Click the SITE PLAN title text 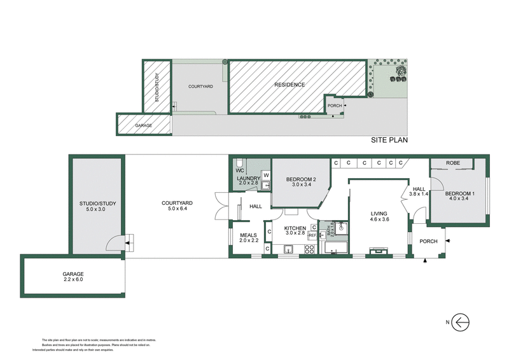point(389,141)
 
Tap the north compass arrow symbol point(460,322)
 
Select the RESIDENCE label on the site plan point(289,85)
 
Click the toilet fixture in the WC point(240,163)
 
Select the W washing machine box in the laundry point(266,175)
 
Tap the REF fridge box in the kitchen point(312,235)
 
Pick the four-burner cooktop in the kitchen point(310,249)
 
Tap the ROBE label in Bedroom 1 point(452,163)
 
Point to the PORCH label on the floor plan point(424,241)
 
